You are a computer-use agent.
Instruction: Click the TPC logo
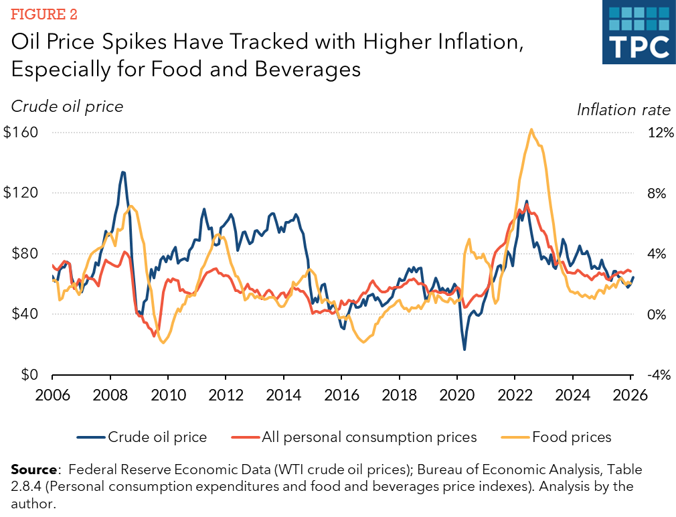(639, 32)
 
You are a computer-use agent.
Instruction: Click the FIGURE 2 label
(44, 14)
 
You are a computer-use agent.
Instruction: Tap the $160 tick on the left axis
(21, 132)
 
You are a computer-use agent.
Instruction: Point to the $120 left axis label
(21, 192)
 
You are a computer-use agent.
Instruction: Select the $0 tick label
(29, 374)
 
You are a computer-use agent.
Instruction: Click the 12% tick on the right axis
(661, 132)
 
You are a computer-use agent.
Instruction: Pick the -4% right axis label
(659, 374)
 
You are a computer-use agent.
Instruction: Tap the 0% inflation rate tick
(657, 314)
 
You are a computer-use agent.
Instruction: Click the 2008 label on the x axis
(110, 394)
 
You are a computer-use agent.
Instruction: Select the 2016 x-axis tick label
(341, 394)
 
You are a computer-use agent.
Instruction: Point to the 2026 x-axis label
(630, 394)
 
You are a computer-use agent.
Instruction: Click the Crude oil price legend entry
(142, 437)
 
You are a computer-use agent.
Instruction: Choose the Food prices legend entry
(556, 437)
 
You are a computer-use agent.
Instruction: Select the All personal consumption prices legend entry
(354, 437)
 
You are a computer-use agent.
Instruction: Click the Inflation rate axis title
(624, 110)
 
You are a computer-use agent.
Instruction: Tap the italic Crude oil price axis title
(67, 106)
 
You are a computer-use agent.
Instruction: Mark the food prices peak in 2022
(531, 129)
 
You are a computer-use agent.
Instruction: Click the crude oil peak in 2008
(123, 172)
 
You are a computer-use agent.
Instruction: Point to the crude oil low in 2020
(464, 350)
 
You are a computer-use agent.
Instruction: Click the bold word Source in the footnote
(33, 469)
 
